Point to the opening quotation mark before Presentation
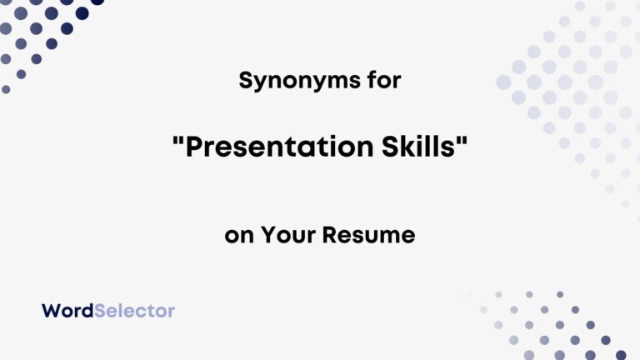pos(177,140)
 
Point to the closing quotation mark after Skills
pos(462,140)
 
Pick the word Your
pos(289,235)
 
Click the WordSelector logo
pos(108,311)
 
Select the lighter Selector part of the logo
pos(135,311)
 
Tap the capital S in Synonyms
pos(245,81)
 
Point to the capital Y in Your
pos(268,235)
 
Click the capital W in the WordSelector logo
pos(50,311)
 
